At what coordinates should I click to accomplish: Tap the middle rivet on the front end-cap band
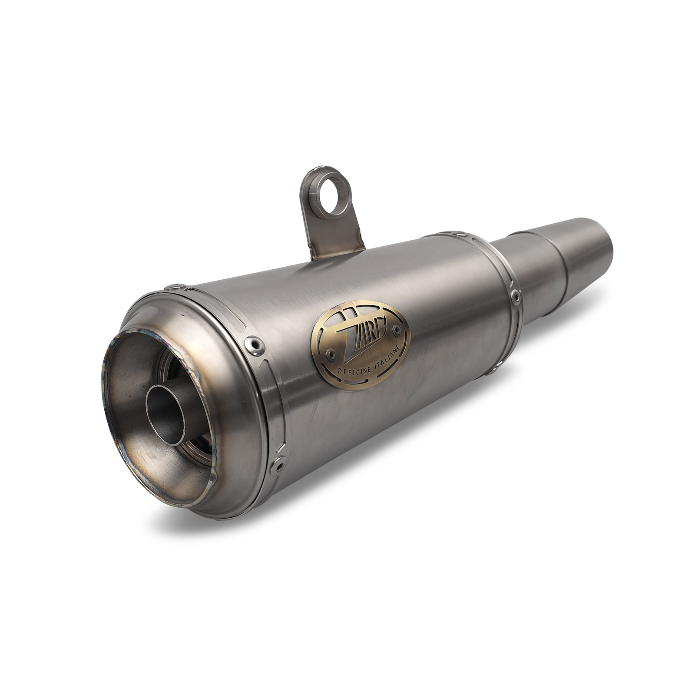[x=252, y=343]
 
